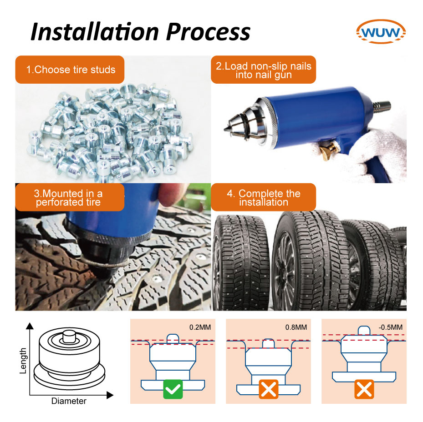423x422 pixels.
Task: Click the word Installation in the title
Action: [94, 31]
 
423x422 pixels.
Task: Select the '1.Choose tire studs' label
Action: [70, 70]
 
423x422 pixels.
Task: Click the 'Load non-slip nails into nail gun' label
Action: [263, 70]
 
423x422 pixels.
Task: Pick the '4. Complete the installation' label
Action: [263, 197]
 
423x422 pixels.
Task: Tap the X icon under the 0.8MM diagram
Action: [269, 390]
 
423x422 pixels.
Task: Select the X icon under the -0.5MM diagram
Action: [364, 390]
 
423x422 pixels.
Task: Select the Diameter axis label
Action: [69, 401]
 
